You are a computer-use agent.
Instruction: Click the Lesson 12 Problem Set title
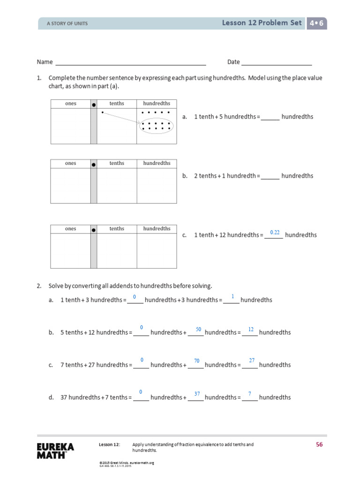(x=262, y=23)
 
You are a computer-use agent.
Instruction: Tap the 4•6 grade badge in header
(x=316, y=23)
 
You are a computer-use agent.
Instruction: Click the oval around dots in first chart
(x=156, y=125)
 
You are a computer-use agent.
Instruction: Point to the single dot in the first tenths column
(x=103, y=112)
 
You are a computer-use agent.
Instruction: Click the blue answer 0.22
(x=275, y=232)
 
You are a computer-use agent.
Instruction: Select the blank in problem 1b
(x=270, y=177)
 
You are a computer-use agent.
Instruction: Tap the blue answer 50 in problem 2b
(x=198, y=330)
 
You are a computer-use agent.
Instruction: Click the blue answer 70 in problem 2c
(x=197, y=361)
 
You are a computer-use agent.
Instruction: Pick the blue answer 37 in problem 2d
(x=197, y=394)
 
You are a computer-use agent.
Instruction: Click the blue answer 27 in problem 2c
(x=252, y=360)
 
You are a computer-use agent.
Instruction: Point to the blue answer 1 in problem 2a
(x=232, y=297)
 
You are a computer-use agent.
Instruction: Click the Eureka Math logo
(x=55, y=450)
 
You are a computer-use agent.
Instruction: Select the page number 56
(x=319, y=445)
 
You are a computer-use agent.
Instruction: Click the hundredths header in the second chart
(x=157, y=164)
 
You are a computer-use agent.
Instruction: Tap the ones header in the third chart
(x=70, y=229)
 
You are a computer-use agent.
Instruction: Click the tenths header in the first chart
(x=117, y=104)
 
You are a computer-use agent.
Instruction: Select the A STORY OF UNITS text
(x=67, y=23)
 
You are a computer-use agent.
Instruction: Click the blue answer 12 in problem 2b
(x=251, y=330)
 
